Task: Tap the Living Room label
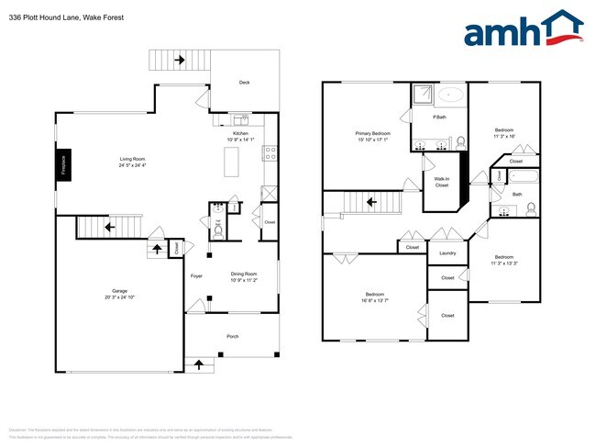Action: [133, 162]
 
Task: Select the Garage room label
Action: [119, 294]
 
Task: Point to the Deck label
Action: [244, 83]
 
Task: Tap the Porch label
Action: [233, 337]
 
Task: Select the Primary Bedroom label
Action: [373, 136]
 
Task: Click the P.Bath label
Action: [440, 117]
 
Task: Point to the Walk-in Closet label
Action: [441, 182]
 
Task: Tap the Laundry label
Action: [447, 253]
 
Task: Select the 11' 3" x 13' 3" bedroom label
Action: [504, 259]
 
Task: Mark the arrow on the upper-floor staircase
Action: [371, 202]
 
